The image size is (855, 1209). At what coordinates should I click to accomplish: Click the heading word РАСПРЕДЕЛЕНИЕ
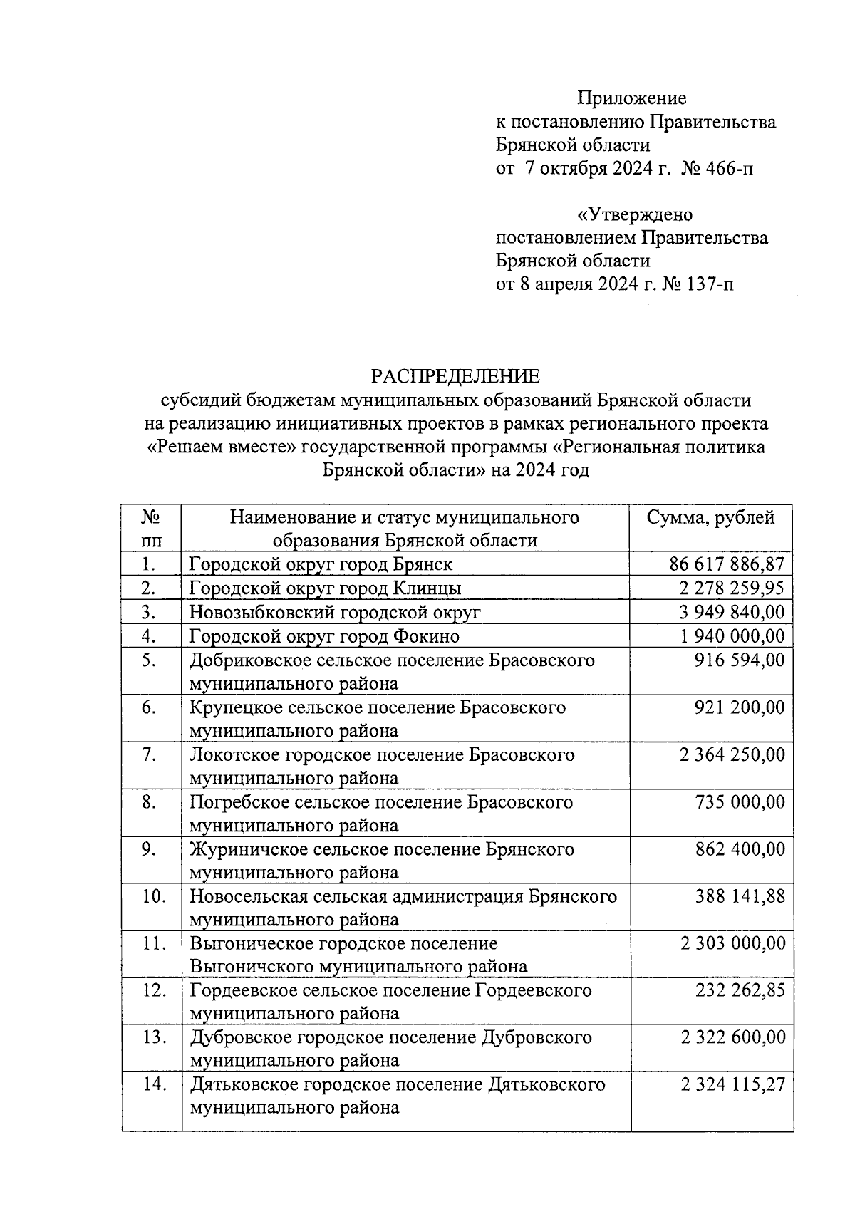(x=456, y=375)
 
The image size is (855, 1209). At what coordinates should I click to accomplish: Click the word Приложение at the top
(x=631, y=98)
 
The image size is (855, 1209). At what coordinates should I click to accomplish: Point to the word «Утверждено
(x=634, y=214)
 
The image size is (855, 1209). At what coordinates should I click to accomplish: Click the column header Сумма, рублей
(x=710, y=517)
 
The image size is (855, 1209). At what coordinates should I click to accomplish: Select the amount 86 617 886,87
(x=727, y=564)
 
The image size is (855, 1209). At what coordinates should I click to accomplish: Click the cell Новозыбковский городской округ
(x=335, y=612)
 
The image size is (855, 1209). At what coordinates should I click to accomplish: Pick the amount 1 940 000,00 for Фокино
(x=732, y=635)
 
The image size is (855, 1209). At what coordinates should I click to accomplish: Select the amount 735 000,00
(x=739, y=802)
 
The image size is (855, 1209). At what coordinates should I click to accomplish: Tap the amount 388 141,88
(x=739, y=896)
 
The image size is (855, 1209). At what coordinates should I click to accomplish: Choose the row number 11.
(x=153, y=943)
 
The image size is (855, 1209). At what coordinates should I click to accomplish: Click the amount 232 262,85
(x=739, y=990)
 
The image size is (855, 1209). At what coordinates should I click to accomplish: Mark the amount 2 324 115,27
(x=732, y=1084)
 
